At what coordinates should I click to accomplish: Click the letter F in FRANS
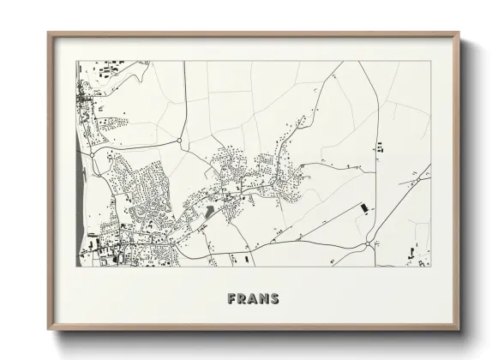pos(232,299)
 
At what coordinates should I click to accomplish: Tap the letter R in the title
pos(243,299)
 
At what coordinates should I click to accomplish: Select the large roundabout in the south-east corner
pos(368,244)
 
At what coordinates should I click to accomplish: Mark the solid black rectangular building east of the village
pos(363,208)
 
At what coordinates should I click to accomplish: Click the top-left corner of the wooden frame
pos(49,33)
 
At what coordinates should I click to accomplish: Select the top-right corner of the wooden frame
pos(458,33)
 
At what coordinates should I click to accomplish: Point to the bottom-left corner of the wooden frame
pos(49,330)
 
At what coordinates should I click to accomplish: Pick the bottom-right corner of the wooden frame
pos(458,330)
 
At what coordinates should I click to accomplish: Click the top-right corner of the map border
pos(429,62)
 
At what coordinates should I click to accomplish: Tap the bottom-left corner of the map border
pos(78,267)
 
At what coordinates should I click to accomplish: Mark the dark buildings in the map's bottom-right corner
pos(416,258)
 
